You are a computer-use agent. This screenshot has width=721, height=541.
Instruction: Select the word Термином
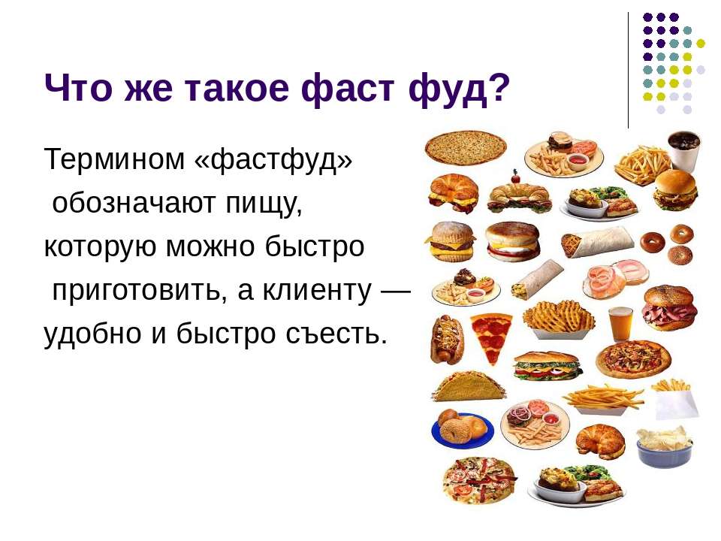114,159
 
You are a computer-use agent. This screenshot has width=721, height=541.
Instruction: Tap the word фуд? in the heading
459,89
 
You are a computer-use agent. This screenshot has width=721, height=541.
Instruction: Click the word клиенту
317,291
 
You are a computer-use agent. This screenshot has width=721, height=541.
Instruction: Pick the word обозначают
134,203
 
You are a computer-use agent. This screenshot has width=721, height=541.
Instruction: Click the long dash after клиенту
397,291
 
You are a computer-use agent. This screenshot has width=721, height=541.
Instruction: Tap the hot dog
446,339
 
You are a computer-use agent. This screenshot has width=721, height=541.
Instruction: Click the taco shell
468,386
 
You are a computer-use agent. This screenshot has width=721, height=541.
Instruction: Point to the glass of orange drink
621,323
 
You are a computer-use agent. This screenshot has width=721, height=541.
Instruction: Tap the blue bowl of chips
665,447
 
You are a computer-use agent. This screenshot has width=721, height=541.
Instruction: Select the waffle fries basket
559,319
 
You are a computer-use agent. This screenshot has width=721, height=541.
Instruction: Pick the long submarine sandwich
548,366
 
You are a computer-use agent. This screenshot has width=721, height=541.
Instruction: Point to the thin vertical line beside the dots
628,70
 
